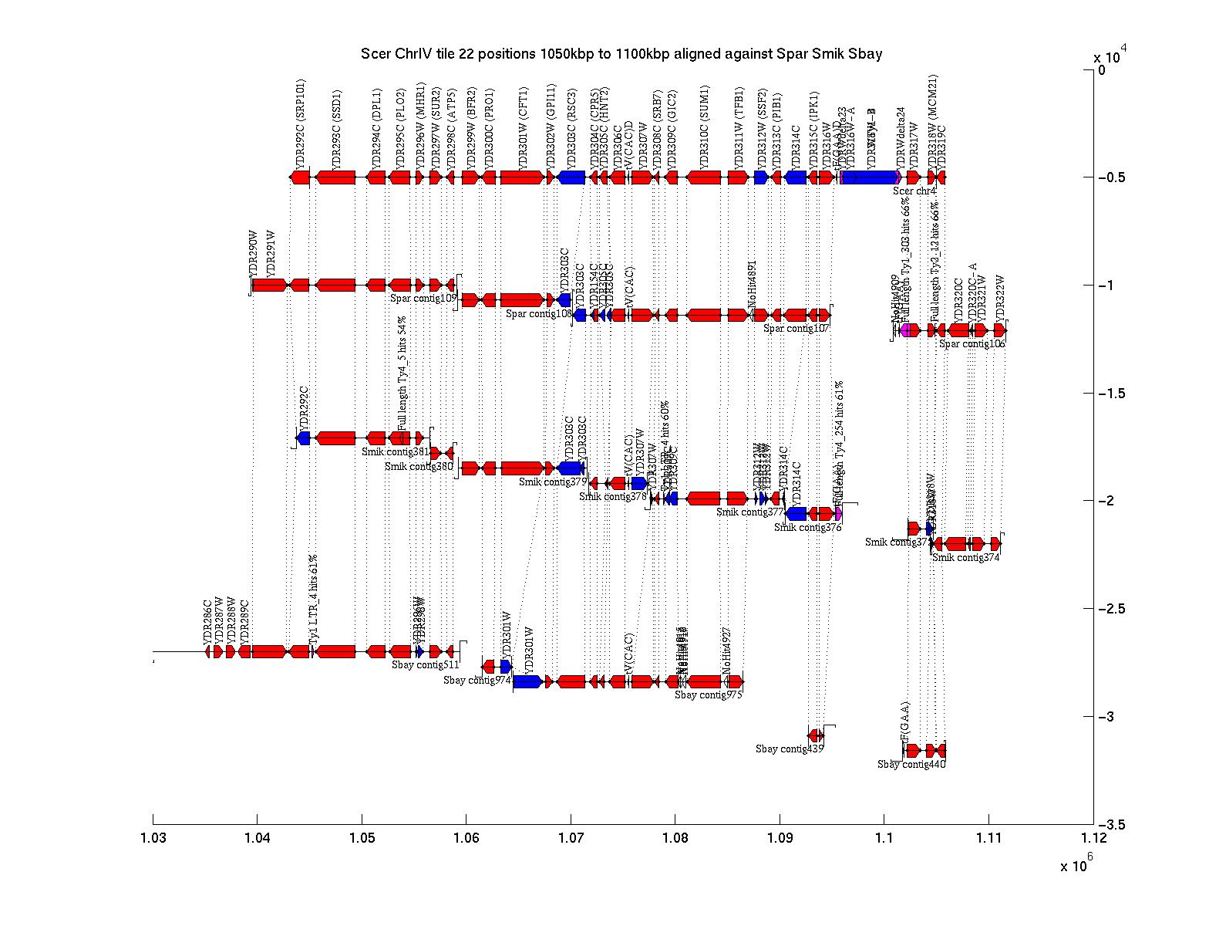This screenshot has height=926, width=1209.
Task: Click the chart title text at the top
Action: pos(621,54)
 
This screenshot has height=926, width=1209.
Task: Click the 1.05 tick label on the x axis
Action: pos(362,838)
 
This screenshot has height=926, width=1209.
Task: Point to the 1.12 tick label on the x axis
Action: pos(1093,838)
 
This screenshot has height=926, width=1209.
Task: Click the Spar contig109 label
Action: pos(423,298)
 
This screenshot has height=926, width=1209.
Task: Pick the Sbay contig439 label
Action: pos(790,749)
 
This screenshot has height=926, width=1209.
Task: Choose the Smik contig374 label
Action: pos(965,557)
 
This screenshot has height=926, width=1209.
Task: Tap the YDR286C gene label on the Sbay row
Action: pos(207,621)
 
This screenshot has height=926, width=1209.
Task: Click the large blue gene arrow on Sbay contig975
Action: pos(527,681)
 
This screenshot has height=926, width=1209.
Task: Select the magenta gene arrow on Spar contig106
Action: pos(905,330)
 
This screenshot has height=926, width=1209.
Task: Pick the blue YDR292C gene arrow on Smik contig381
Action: pos(304,438)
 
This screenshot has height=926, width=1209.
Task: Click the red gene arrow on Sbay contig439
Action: pos(814,735)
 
